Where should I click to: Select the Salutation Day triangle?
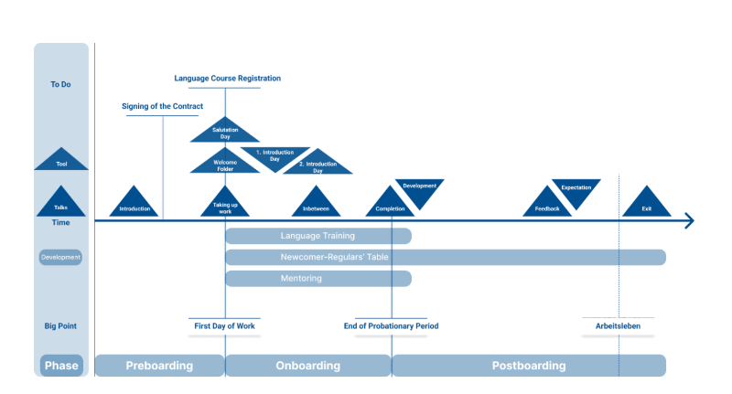[225, 132]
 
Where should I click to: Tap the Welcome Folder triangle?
[225, 164]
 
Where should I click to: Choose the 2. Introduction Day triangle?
[318, 165]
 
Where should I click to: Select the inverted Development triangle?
[419, 189]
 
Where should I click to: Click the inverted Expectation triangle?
[576, 190]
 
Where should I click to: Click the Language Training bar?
[318, 236]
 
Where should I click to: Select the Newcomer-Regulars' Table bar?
[445, 257]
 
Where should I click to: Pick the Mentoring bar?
[318, 278]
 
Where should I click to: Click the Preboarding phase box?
[159, 366]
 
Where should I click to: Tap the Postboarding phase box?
[528, 366]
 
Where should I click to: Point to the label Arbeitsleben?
[619, 326]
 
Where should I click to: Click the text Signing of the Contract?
[163, 106]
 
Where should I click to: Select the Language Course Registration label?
[227, 79]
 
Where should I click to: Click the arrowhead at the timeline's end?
[689, 221]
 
